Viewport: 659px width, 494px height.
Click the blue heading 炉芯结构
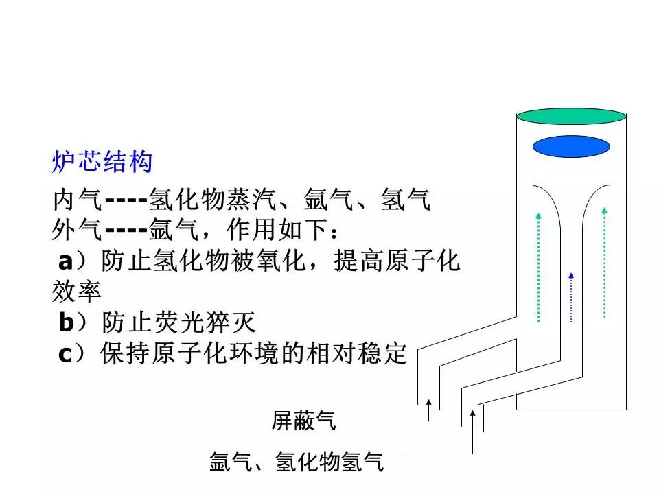102,162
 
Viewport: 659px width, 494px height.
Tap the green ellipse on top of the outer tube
571,117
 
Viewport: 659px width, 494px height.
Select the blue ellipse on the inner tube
571,147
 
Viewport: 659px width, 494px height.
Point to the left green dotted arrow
538,268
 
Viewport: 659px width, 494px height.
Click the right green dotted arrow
604,262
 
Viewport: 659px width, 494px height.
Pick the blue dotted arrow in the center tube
571,297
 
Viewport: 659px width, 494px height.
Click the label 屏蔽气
304,421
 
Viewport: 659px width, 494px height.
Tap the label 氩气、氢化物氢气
297,462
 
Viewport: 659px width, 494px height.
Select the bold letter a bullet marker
66,261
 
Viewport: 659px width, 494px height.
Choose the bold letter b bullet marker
67,322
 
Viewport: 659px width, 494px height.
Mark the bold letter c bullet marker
65,355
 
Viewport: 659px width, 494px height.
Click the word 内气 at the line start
78,199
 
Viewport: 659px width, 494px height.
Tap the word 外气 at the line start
77,230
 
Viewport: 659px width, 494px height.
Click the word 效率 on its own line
76,291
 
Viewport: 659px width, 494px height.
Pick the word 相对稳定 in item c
357,353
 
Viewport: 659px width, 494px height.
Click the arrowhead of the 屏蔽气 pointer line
428,402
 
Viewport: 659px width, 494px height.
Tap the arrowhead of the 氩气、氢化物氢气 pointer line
473,413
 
